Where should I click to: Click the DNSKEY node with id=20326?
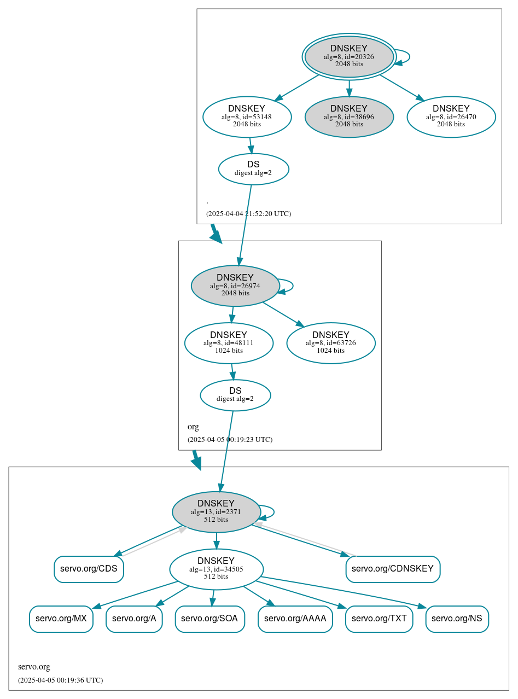point(349,56)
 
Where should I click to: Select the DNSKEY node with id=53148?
point(247,116)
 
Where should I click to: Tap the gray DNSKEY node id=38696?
point(349,116)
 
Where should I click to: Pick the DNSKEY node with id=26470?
point(451,116)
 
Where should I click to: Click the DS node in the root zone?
point(253,169)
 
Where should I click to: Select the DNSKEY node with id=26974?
point(235,286)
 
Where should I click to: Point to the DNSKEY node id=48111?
point(229,343)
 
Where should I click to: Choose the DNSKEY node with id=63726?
point(330,343)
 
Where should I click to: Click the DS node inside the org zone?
point(235,395)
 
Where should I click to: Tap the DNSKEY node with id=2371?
point(216,512)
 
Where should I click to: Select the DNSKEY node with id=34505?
point(216,569)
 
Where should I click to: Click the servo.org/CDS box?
point(89,569)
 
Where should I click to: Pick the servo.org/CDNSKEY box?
point(393,569)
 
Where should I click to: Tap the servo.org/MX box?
point(61,619)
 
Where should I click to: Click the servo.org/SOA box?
point(209,619)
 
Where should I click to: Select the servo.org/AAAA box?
point(295,619)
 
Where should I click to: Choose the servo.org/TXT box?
point(379,619)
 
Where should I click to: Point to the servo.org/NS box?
point(457,619)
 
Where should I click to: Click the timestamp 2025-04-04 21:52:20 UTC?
point(248,214)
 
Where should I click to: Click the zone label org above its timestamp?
point(193,427)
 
